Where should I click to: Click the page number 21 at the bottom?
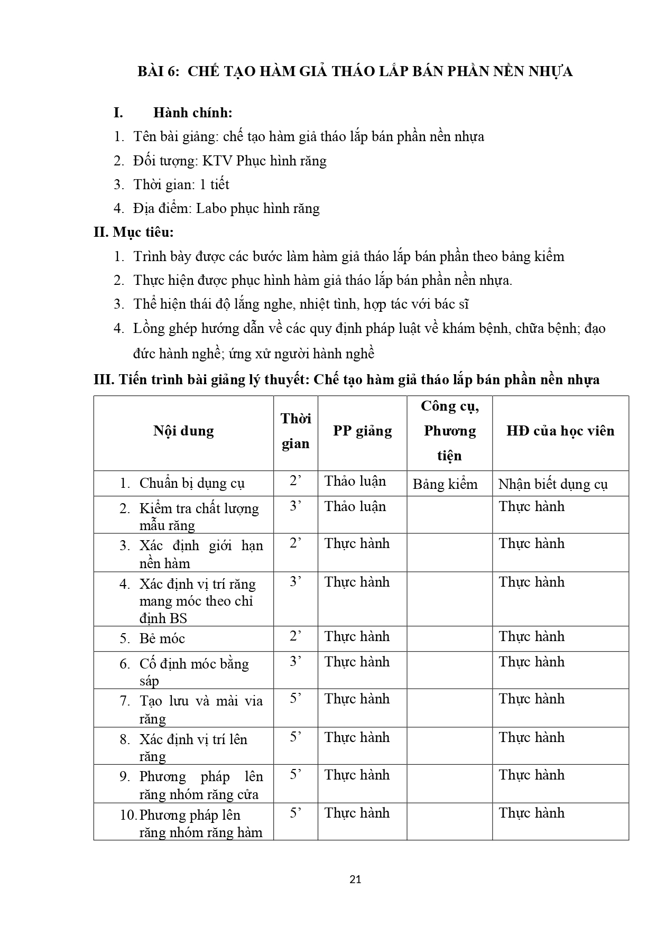[355, 879]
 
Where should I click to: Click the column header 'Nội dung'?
[183, 431]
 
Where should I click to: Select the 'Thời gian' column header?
[295, 431]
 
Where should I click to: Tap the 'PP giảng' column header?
[362, 431]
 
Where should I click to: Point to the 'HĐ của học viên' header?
[560, 431]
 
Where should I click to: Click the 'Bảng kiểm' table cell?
[445, 484]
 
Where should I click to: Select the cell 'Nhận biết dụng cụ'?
[553, 484]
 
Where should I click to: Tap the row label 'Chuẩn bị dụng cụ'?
[192, 483]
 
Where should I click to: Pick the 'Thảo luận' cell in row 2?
[355, 506]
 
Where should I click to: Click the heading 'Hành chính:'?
[193, 113]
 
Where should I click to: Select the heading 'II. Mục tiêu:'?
[134, 232]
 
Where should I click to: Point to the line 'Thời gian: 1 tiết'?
[181, 184]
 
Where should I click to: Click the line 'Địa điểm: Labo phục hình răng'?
[226, 208]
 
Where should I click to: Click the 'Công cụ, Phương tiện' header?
[449, 431]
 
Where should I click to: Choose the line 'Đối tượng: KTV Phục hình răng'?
[230, 161]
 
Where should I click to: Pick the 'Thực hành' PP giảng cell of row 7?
[357, 699]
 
